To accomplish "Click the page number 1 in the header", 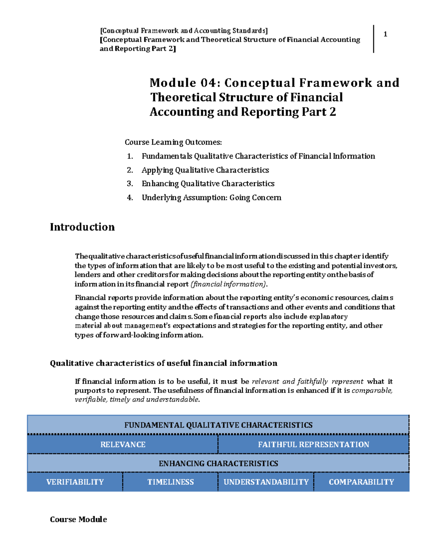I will [385, 34].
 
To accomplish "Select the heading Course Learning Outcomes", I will [173, 142].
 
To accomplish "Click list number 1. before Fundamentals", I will [130, 156].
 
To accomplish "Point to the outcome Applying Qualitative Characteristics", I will [205, 170].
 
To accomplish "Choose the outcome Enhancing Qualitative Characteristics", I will [208, 183].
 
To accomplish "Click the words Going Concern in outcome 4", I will [255, 198].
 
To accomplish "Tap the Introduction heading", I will [82, 227].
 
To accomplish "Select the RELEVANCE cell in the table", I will [123, 445].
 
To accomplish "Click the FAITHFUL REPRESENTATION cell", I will [313, 445].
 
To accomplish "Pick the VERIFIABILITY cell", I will [75, 482].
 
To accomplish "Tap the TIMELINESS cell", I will [170, 482].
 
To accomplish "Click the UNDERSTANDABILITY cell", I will [266, 482].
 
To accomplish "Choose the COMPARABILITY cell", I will [361, 482].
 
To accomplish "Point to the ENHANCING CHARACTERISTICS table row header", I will [218, 463].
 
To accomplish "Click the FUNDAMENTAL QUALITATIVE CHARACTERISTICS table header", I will [218, 425].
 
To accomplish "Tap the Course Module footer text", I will [78, 519].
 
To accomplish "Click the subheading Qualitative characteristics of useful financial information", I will [163, 363].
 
